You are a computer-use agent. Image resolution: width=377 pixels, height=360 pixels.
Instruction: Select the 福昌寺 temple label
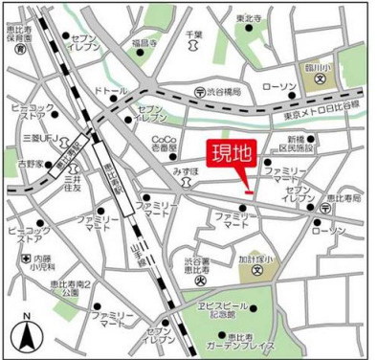click(x=146, y=43)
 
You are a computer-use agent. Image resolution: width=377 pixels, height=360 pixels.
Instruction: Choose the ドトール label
click(x=110, y=90)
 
